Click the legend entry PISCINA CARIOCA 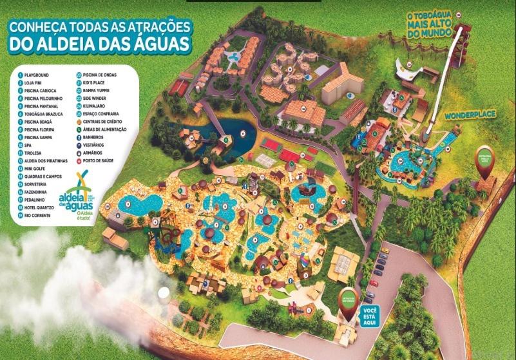point(43,90)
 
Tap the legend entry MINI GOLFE point(38,167)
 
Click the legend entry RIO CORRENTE point(39,214)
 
